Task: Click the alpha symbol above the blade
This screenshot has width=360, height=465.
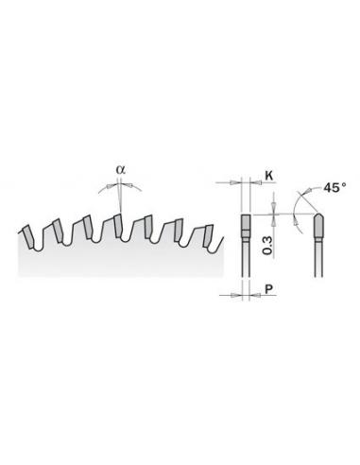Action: [121, 170]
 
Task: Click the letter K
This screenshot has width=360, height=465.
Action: [268, 176]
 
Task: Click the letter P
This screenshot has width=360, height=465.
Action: [268, 288]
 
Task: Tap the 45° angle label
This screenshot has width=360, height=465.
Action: [334, 188]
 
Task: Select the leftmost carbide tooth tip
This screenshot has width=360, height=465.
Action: [28, 236]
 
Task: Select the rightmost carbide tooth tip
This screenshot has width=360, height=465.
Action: [208, 235]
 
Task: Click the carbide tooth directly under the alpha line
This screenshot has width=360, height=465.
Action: [118, 226]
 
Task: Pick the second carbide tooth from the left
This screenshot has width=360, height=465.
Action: [58, 231]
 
